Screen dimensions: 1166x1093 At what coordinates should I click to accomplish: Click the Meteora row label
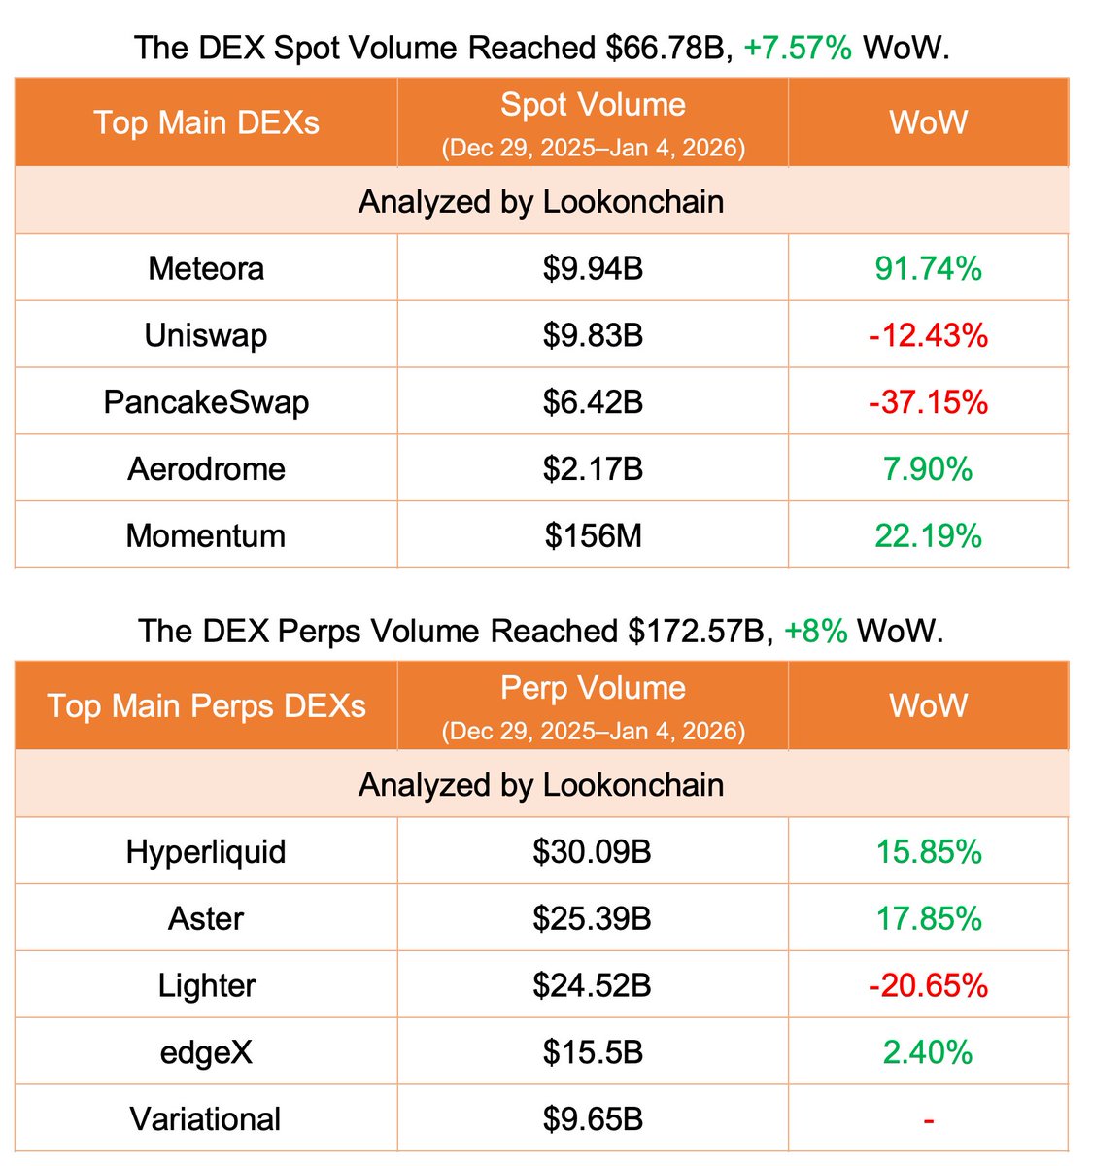click(206, 268)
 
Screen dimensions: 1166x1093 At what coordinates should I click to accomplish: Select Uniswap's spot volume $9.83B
click(593, 335)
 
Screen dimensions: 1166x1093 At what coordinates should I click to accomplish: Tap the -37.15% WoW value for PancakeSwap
click(928, 402)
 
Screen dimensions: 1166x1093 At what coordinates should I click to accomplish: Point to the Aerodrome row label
click(206, 469)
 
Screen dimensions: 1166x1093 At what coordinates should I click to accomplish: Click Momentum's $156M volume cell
click(593, 536)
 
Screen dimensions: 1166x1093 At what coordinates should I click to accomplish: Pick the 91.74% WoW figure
click(928, 268)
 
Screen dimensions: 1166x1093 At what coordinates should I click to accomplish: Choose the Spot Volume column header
click(593, 105)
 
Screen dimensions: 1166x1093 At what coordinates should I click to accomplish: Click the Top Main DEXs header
click(206, 123)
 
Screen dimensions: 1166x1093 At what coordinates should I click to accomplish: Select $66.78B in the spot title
click(669, 48)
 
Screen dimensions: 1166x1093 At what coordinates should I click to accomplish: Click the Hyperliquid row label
click(206, 852)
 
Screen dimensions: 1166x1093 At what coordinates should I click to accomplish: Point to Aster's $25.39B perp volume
click(592, 919)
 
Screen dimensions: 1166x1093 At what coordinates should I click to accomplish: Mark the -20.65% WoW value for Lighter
click(928, 986)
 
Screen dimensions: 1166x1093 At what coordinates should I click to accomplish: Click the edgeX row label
click(206, 1052)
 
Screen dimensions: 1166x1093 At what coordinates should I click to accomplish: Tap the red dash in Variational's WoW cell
click(928, 1120)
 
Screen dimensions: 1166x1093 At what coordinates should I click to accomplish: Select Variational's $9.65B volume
click(593, 1119)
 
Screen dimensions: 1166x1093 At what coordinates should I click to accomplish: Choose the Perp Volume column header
click(593, 688)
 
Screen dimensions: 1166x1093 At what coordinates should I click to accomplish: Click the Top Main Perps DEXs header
click(206, 706)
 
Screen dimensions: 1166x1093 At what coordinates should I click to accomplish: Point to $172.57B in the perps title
click(695, 632)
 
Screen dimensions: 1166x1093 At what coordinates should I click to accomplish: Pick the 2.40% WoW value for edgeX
click(928, 1052)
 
